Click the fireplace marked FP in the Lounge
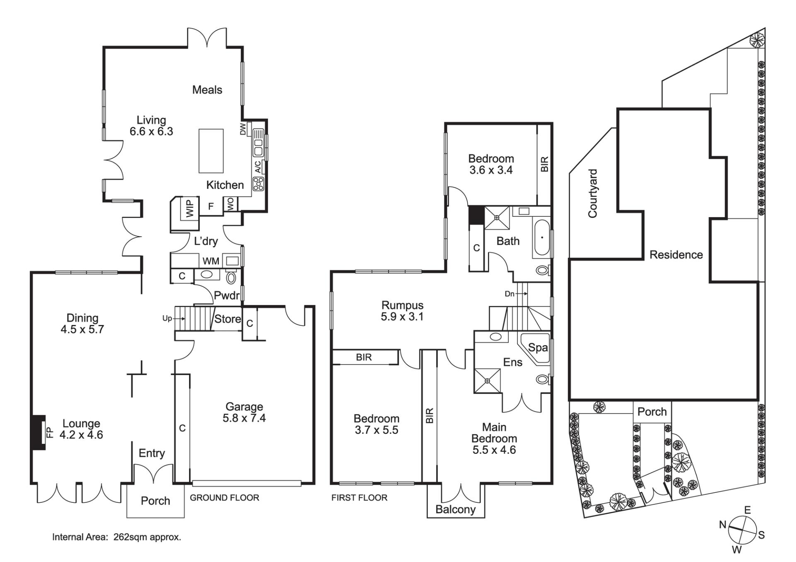pos(38,432)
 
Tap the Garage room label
pos(244,407)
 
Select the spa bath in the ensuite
pos(535,349)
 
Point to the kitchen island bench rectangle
pos(211,151)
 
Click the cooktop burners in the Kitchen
pos(258,184)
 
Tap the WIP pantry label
pos(189,208)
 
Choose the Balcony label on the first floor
pos(455,509)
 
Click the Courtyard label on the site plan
pos(592,193)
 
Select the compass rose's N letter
pos(723,525)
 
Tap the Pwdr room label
pos(227,296)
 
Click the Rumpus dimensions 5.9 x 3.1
pos(402,317)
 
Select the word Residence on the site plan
pos(676,254)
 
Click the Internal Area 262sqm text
pos(116,537)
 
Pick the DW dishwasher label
pos(243,129)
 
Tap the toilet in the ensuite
pos(542,379)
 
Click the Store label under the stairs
pos(228,319)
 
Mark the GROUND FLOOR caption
pos(224,498)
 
